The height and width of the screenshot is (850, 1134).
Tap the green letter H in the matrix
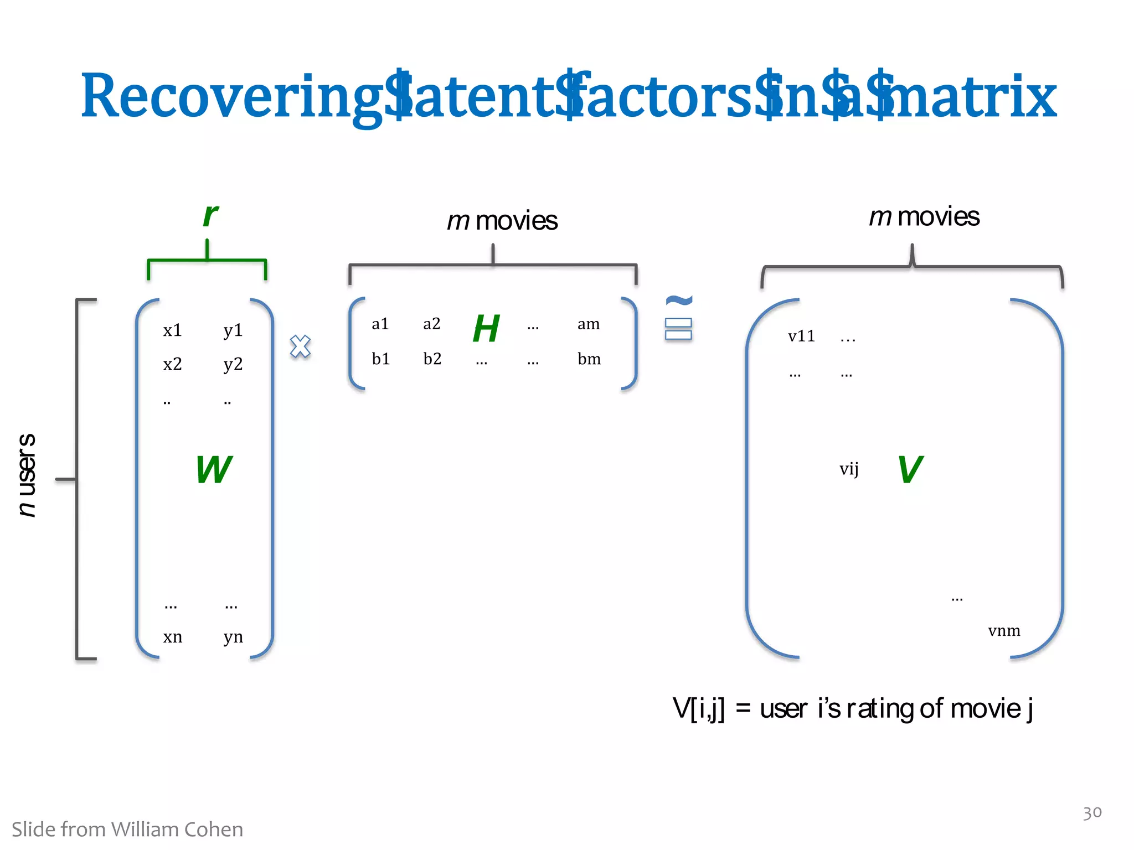486,328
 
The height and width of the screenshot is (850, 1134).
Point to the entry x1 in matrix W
172,330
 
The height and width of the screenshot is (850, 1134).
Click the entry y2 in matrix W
233,364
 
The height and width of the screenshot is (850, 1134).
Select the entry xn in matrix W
172,637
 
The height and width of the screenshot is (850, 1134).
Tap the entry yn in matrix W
233,637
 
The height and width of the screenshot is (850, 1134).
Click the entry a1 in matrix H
380,324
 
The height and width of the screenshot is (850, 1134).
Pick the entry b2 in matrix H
432,359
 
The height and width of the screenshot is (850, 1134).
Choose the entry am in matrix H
589,324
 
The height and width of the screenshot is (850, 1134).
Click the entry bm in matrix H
589,359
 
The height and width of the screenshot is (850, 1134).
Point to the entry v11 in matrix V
801,336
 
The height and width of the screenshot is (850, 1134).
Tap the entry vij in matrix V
849,469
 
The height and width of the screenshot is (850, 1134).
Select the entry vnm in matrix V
1004,630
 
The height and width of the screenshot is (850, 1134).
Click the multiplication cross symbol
300,346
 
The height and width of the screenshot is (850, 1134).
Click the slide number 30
1092,812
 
